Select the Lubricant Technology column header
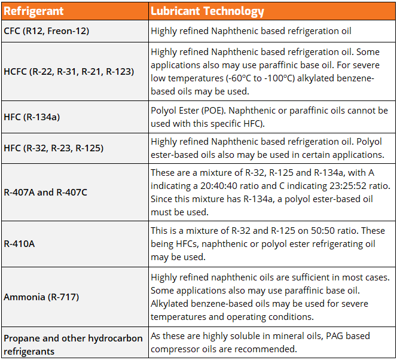207,11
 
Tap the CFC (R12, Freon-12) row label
47,30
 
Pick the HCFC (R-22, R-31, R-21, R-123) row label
69,71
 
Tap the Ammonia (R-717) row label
41,297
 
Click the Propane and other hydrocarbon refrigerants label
73,344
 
